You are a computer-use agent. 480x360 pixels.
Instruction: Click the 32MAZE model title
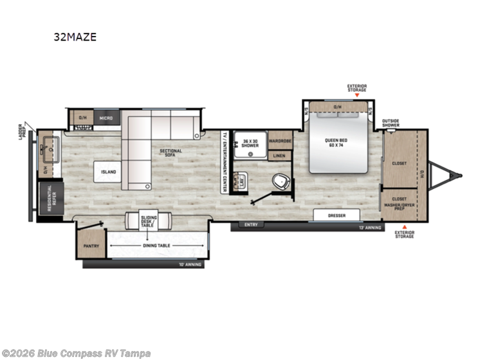(x=75, y=37)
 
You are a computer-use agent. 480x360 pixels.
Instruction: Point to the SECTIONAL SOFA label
(x=171, y=153)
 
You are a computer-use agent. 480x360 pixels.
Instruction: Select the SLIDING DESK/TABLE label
(x=149, y=221)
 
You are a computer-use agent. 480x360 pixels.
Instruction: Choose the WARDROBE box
(x=280, y=140)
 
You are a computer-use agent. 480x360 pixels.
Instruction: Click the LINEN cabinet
(x=279, y=156)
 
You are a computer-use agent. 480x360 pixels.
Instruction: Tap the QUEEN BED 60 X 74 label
(x=338, y=145)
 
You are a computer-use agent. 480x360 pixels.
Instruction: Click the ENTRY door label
(x=252, y=225)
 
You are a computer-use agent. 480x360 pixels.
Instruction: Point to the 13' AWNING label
(x=369, y=228)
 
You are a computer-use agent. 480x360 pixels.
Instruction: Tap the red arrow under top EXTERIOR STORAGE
(x=356, y=95)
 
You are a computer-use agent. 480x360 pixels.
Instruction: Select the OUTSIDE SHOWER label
(x=391, y=122)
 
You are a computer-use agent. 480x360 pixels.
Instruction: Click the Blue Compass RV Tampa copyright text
(x=77, y=353)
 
